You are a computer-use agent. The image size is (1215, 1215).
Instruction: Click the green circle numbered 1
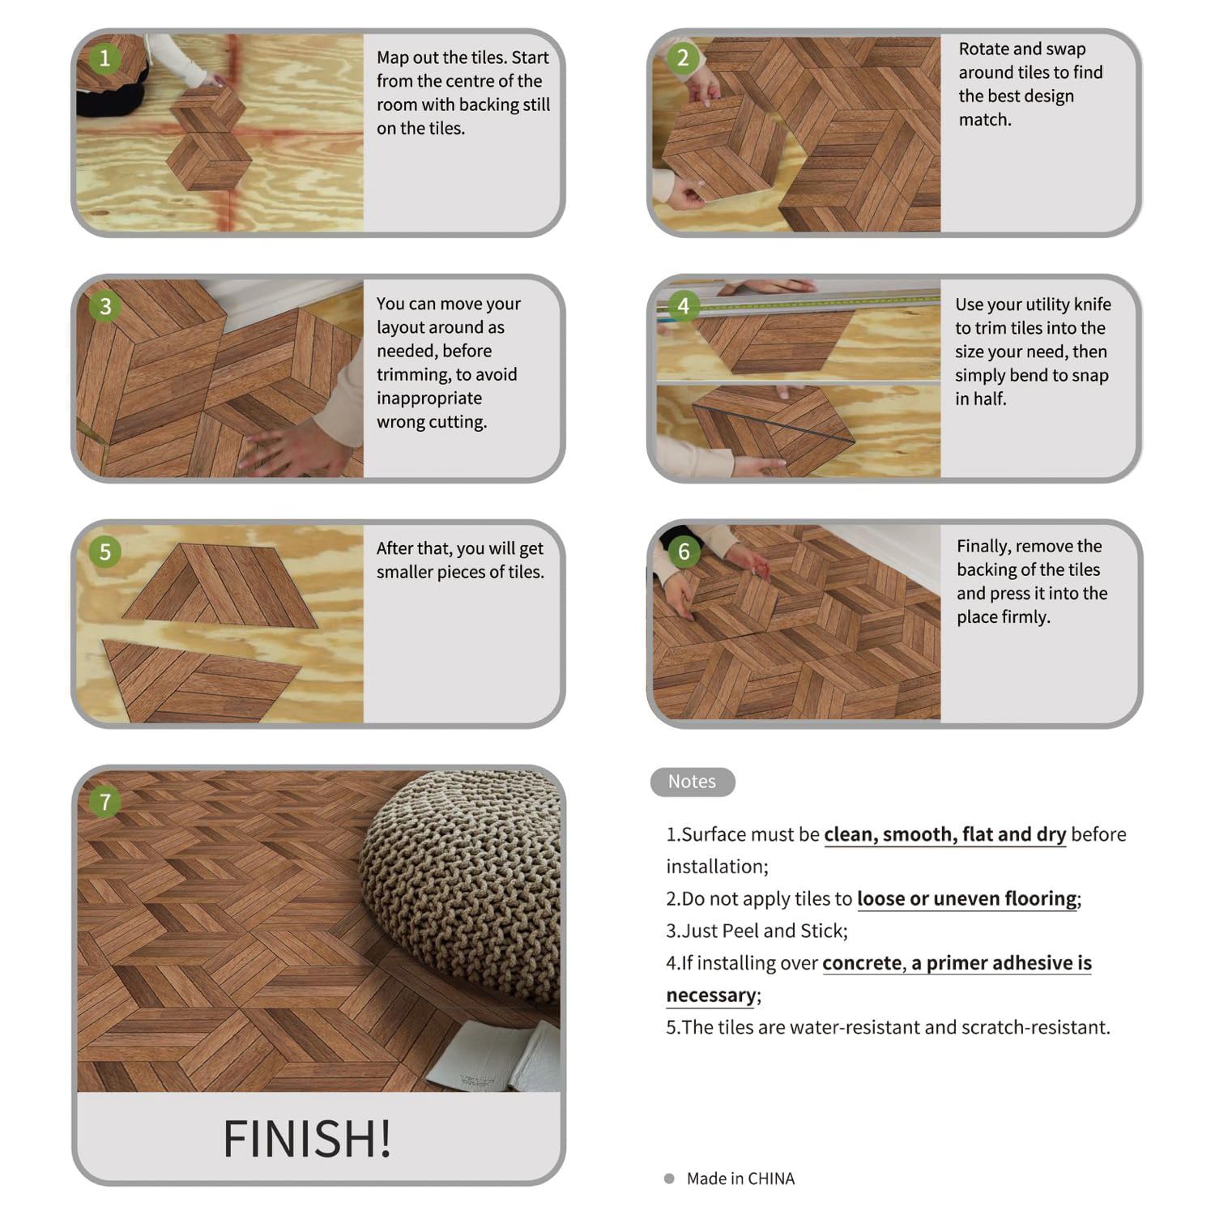tap(104, 58)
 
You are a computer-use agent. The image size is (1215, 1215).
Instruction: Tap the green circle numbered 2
tap(683, 58)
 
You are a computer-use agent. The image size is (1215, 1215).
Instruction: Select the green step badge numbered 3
tap(105, 306)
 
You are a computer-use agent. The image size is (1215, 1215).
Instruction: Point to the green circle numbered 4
tap(684, 306)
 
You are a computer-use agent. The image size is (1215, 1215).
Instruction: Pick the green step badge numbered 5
tap(105, 552)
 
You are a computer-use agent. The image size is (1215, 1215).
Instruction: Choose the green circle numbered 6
tap(684, 552)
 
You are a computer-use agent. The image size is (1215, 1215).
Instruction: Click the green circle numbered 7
tap(105, 802)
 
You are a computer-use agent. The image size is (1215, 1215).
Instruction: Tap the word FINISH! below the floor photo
tap(307, 1139)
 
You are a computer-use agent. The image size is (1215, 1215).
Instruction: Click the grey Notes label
tap(693, 782)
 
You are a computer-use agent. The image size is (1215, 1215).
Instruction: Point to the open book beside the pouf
tap(494, 1057)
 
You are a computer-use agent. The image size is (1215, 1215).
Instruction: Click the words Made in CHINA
tap(740, 1179)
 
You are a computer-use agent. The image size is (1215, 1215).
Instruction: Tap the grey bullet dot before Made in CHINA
tap(669, 1179)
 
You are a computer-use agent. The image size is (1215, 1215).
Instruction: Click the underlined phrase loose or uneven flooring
tap(967, 899)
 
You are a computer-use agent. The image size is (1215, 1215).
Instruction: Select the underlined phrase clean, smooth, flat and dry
tap(944, 835)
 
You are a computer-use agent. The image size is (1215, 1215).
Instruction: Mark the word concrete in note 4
tap(862, 963)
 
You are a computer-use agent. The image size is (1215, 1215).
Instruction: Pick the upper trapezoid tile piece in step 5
tap(220, 585)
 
